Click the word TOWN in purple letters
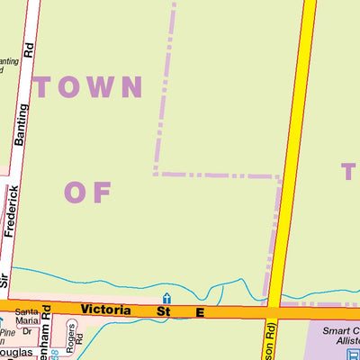(88, 87)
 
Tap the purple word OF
(87, 192)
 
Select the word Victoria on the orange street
(105, 310)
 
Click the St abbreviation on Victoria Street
(164, 311)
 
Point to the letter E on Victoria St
(200, 312)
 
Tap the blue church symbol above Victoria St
(166, 298)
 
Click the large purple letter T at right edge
(349, 172)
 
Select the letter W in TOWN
(101, 87)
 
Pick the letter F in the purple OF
(100, 192)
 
